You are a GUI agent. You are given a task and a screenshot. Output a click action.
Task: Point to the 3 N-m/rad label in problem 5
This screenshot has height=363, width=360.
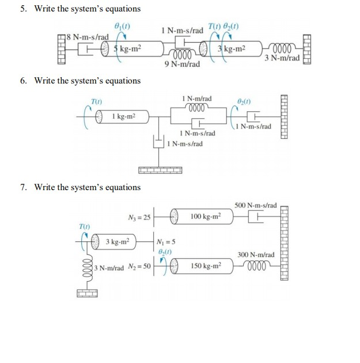pyautogui.click(x=282, y=58)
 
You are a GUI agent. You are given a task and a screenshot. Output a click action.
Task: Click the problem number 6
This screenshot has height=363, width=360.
pyautogui.click(x=23, y=81)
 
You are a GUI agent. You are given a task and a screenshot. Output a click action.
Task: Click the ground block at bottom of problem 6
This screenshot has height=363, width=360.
pyautogui.click(x=160, y=170)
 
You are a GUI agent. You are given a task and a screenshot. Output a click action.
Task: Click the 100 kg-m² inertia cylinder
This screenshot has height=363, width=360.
pyautogui.click(x=203, y=217)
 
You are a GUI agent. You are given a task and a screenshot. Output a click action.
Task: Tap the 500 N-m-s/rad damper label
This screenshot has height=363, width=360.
pyautogui.click(x=256, y=205)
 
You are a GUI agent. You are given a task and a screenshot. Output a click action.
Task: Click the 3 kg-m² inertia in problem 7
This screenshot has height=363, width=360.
pyautogui.click(x=119, y=241)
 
